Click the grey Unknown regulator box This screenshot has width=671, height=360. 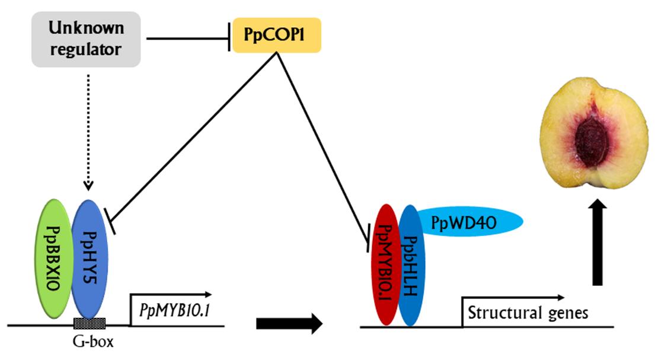click(x=86, y=39)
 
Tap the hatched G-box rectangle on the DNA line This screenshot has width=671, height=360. click(x=90, y=324)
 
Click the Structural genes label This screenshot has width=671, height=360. click(x=528, y=312)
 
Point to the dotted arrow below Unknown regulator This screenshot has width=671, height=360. click(x=88, y=130)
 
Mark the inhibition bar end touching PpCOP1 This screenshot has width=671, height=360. click(x=229, y=39)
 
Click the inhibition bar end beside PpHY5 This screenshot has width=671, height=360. click(x=110, y=220)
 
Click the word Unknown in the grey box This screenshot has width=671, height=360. click(x=86, y=29)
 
